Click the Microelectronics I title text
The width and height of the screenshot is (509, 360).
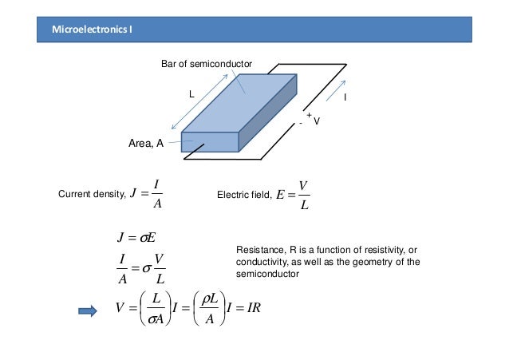click(x=93, y=30)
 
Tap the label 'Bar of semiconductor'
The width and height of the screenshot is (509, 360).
click(x=207, y=63)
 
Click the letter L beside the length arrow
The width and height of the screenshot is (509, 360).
click(x=191, y=94)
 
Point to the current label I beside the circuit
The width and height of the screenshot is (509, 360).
click(x=344, y=97)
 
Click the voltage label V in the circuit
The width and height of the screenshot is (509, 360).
click(x=317, y=121)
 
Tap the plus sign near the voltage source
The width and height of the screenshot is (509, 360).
click(x=308, y=115)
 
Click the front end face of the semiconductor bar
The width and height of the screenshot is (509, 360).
click(x=210, y=142)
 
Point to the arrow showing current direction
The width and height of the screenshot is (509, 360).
click(x=335, y=89)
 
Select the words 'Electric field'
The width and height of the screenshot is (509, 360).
click(x=243, y=194)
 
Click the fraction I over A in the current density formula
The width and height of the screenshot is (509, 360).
click(x=156, y=194)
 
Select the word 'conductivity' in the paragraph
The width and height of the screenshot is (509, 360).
click(x=261, y=262)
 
